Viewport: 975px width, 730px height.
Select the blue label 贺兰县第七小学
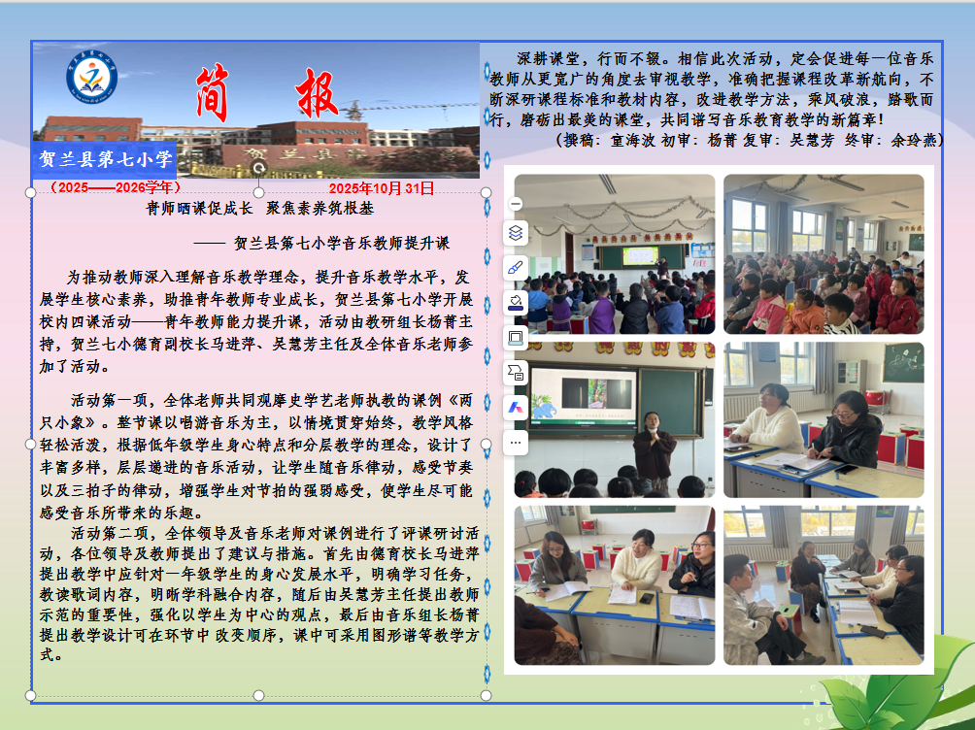(104, 158)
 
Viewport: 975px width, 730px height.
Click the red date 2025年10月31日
(382, 188)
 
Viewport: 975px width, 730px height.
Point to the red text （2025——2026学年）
(115, 187)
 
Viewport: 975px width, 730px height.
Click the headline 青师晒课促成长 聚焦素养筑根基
(259, 208)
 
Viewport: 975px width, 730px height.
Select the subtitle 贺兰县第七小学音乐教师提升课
(342, 244)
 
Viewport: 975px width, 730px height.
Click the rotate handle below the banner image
(258, 167)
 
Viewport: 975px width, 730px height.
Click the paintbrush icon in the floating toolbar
(516, 267)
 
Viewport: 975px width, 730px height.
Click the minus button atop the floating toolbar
(516, 204)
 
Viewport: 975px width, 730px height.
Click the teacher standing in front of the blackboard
(654, 448)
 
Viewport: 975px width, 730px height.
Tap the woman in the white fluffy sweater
(767, 418)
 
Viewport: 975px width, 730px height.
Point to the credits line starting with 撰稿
(748, 140)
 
